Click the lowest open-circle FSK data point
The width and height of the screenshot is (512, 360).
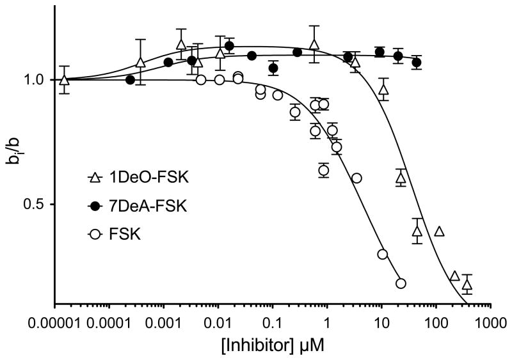(401, 283)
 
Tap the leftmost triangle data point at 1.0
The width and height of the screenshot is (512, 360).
(64, 80)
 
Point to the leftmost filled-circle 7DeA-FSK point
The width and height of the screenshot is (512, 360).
(131, 80)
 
